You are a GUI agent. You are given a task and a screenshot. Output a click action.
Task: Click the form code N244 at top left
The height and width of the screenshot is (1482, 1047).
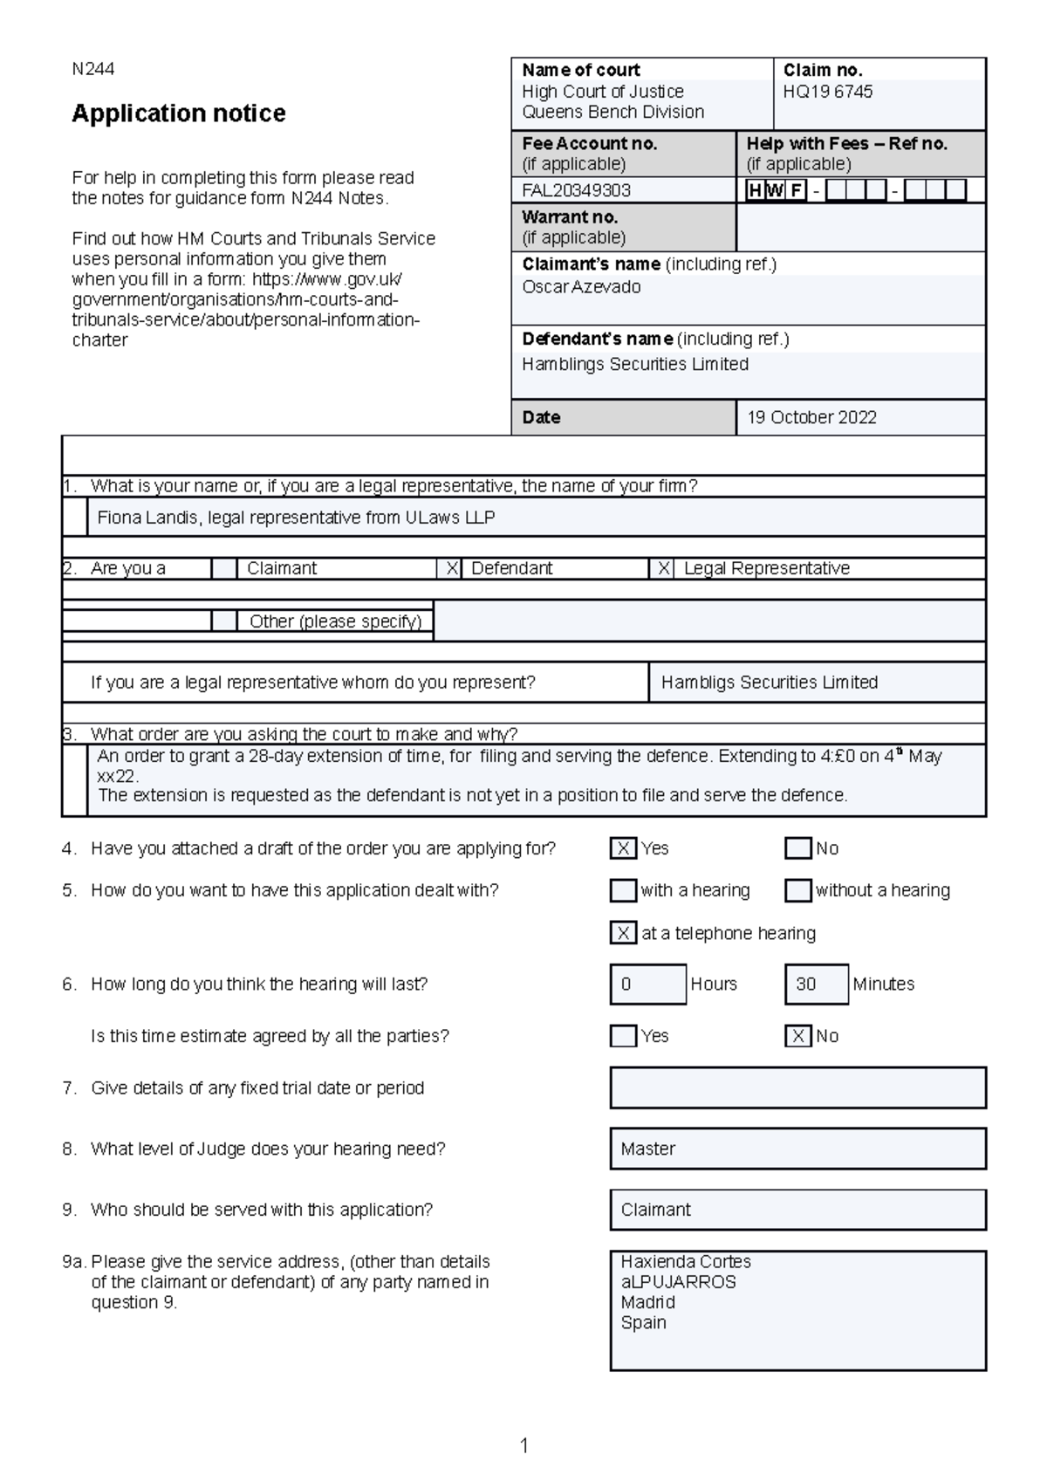pyautogui.click(x=92, y=69)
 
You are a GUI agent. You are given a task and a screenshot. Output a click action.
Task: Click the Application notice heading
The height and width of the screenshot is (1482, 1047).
pyautogui.click(x=178, y=113)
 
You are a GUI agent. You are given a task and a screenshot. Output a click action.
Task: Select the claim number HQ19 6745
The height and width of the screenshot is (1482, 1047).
pyautogui.click(x=827, y=92)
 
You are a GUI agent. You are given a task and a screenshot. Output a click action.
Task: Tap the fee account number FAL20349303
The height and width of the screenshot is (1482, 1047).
pyautogui.click(x=576, y=190)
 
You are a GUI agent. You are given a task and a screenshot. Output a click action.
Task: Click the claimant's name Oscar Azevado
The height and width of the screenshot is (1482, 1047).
pyautogui.click(x=581, y=287)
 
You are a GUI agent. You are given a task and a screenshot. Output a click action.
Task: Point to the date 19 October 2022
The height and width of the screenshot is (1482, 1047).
pyautogui.click(x=811, y=417)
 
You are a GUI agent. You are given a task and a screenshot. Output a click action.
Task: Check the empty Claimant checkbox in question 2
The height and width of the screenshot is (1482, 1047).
pyautogui.click(x=224, y=569)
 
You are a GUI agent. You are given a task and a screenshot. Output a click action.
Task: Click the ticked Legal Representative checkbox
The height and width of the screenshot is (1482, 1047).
pyautogui.click(x=663, y=569)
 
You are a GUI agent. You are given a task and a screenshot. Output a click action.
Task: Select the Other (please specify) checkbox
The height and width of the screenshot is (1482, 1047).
pyautogui.click(x=224, y=621)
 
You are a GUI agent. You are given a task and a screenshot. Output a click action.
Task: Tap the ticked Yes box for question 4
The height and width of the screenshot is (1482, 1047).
pyautogui.click(x=623, y=848)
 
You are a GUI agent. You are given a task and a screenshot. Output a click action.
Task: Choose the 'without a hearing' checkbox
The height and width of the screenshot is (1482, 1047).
pyautogui.click(x=797, y=890)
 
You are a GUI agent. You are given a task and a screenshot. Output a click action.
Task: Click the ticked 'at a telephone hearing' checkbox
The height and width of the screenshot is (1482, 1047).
pyautogui.click(x=623, y=933)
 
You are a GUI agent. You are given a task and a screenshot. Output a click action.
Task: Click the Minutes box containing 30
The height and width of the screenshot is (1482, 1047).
pyautogui.click(x=816, y=985)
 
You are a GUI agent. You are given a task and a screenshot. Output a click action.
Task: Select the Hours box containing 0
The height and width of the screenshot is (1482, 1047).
pyautogui.click(x=647, y=985)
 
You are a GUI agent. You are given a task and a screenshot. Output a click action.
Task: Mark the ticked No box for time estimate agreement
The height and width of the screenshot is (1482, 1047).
pyautogui.click(x=797, y=1036)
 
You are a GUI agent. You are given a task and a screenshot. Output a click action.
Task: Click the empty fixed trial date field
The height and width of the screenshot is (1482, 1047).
pyautogui.click(x=797, y=1088)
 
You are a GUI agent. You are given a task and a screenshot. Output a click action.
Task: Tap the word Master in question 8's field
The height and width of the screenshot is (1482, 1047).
pyautogui.click(x=647, y=1149)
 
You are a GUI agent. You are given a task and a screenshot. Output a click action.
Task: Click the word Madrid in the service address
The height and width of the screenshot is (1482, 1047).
pyautogui.click(x=647, y=1302)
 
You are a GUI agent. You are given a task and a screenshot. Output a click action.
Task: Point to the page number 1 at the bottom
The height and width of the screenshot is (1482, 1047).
pyautogui.click(x=523, y=1446)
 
